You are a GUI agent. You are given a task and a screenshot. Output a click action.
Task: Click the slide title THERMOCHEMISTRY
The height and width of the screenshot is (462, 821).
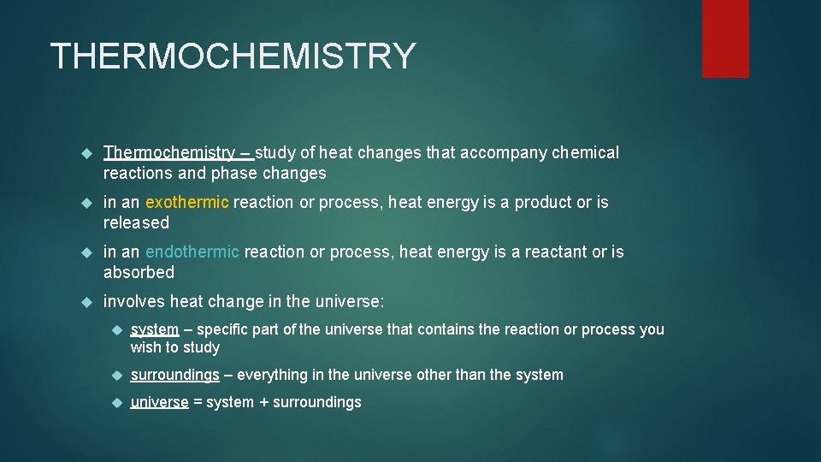(233, 56)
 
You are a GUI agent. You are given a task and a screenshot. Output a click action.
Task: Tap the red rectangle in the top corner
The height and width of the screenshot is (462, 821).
(725, 38)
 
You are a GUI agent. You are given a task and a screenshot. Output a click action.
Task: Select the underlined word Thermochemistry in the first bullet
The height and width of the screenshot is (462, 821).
(169, 153)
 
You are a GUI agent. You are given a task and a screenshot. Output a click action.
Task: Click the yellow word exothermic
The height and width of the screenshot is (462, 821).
(187, 203)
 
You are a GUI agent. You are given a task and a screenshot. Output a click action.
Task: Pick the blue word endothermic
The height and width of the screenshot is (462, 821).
(192, 252)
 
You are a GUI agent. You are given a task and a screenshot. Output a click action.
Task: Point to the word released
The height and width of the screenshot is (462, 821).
(137, 223)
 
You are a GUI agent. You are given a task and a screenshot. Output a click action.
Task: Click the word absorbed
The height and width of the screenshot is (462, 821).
(139, 273)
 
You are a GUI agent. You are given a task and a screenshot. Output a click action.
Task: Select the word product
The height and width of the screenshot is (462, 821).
(543, 203)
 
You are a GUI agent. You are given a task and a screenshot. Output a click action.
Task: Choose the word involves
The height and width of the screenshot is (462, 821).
(134, 302)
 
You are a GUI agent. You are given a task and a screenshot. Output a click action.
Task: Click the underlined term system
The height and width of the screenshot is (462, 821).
(155, 329)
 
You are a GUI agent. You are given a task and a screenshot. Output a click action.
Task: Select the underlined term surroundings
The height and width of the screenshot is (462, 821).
(174, 375)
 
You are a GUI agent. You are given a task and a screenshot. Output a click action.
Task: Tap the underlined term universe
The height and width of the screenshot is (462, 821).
(159, 402)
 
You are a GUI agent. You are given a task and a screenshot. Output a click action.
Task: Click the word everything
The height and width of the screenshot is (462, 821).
(271, 375)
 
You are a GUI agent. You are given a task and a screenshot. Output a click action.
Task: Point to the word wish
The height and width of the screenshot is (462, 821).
(145, 347)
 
